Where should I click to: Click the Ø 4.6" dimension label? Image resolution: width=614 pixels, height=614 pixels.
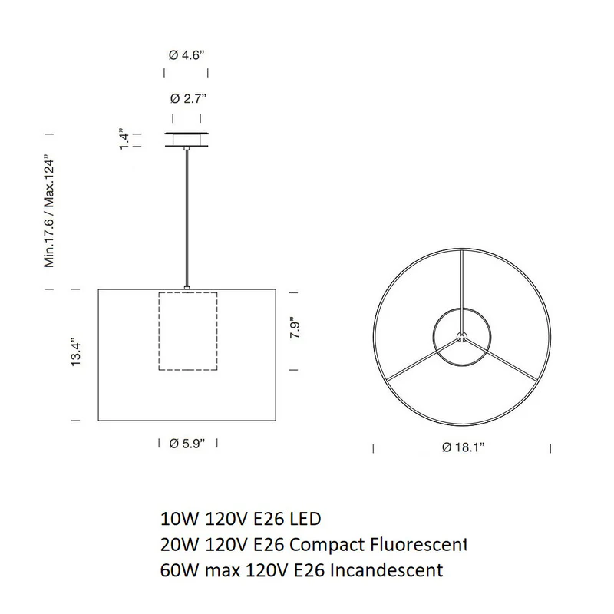pos(187,55)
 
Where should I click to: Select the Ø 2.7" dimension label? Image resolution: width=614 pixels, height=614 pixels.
pos(188,98)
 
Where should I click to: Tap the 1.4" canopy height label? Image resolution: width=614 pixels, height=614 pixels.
pos(124,139)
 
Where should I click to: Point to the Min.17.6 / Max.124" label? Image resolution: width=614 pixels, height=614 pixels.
pos(49,213)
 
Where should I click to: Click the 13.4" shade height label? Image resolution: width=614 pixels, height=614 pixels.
pos(75,352)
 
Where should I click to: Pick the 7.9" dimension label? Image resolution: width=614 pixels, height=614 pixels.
pos(295,330)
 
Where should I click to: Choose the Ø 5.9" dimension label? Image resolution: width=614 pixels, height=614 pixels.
pos(187,444)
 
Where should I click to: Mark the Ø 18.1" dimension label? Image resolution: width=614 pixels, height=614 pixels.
pos(463,447)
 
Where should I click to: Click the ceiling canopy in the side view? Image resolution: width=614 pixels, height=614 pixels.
pos(187,140)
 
